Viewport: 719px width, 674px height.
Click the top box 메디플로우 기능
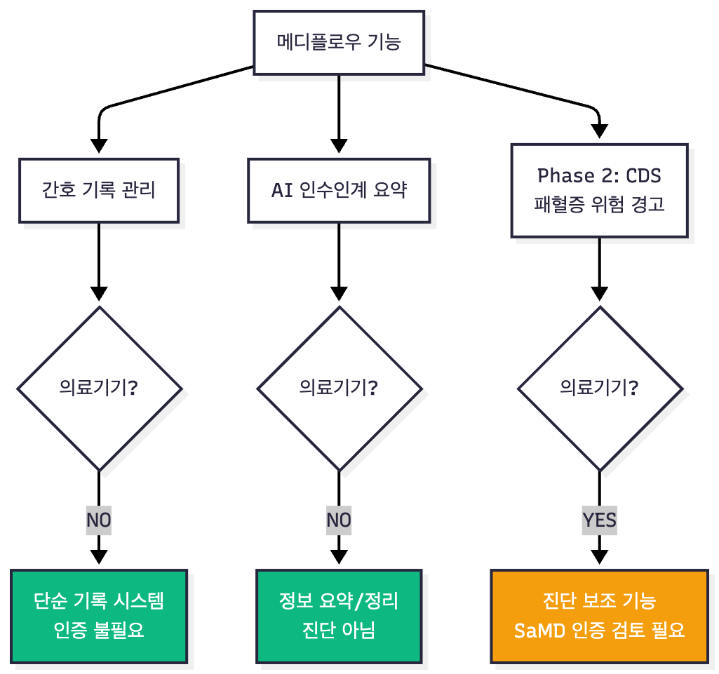pyautogui.click(x=339, y=43)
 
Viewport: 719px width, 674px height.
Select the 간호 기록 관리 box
pyautogui.click(x=99, y=191)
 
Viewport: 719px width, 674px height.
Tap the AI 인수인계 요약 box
pyautogui.click(x=339, y=191)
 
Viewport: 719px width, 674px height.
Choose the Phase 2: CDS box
pyautogui.click(x=599, y=190)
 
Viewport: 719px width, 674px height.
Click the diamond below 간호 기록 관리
pyautogui.click(x=99, y=388)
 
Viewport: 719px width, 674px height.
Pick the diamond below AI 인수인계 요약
pyautogui.click(x=339, y=388)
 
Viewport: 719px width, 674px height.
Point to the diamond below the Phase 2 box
pyautogui.click(x=599, y=388)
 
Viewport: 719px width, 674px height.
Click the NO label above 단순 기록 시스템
pyautogui.click(x=99, y=520)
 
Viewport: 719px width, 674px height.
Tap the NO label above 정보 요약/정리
pyautogui.click(x=339, y=520)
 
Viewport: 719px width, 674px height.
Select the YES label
pyautogui.click(x=599, y=520)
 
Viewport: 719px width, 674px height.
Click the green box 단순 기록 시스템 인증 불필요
pyautogui.click(x=99, y=616)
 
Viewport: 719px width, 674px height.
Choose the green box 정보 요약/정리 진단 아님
pyautogui.click(x=339, y=616)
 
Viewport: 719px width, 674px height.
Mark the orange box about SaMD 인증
pyautogui.click(x=599, y=616)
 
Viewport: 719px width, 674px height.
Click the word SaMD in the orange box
pyautogui.click(x=539, y=630)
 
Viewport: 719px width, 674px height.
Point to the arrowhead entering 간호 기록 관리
pyautogui.click(x=99, y=146)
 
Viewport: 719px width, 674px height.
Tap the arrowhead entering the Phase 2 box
pyautogui.click(x=599, y=130)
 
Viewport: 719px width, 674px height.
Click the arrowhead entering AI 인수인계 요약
pyautogui.click(x=339, y=146)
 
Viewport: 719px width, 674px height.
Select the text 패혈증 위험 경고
pyautogui.click(x=599, y=205)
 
